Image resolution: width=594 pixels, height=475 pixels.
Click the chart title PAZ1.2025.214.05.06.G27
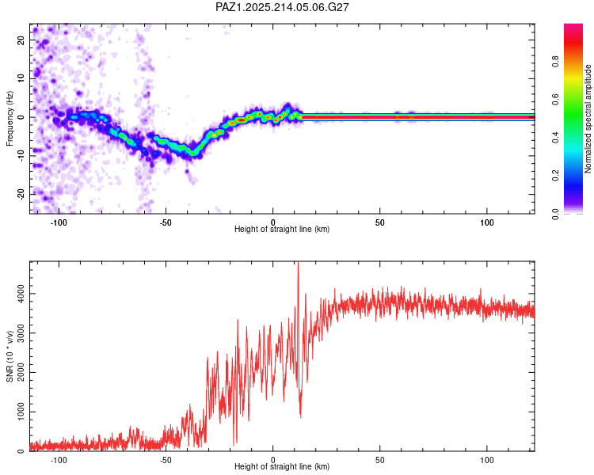click(x=282, y=7)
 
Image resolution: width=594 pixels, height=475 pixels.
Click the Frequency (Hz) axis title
click(x=10, y=119)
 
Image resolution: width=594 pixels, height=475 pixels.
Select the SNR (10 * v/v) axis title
click(x=10, y=356)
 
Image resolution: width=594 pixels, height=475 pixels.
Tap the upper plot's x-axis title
click(x=282, y=229)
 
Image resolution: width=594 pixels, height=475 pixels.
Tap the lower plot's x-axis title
click(x=282, y=466)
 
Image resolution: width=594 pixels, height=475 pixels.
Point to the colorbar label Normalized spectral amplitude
click(x=588, y=119)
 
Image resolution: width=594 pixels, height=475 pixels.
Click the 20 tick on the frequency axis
click(x=21, y=40)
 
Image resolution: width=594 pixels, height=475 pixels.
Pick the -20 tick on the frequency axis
click(x=21, y=194)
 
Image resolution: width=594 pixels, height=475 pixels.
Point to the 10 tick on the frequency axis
click(x=21, y=78)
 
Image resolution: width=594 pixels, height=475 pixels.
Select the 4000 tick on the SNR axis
click(x=21, y=294)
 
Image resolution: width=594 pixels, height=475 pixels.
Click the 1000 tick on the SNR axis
click(x=21, y=412)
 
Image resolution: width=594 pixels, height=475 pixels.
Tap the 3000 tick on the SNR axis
click(x=21, y=333)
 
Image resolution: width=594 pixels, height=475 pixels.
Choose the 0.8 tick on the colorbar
click(x=555, y=62)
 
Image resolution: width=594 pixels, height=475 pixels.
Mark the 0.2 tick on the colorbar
click(x=555, y=176)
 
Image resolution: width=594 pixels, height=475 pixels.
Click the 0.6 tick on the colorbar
click(x=555, y=100)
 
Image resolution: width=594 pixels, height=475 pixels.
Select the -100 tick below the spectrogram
click(x=59, y=222)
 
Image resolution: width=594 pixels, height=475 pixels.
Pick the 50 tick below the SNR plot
click(x=380, y=460)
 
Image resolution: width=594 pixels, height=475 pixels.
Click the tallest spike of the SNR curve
click(x=298, y=263)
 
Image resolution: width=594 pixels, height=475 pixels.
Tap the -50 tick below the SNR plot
click(x=166, y=460)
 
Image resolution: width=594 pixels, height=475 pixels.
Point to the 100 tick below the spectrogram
click(x=487, y=222)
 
